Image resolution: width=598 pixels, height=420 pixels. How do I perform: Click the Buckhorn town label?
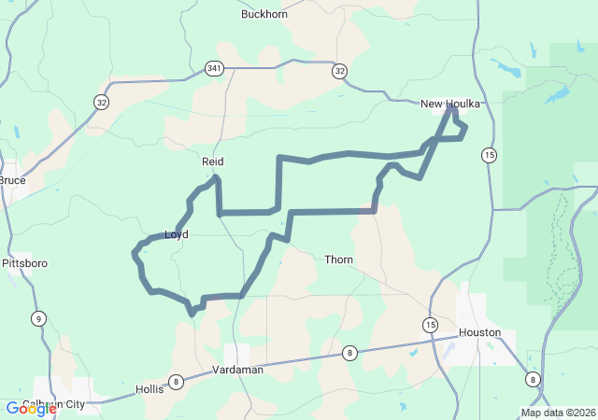click(x=264, y=14)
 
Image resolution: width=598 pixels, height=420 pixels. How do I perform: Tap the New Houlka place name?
click(x=450, y=104)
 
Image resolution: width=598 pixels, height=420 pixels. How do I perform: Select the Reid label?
click(x=213, y=161)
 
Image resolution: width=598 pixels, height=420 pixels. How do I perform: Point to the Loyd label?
click(x=177, y=234)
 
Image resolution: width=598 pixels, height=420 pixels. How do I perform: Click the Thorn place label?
click(x=339, y=259)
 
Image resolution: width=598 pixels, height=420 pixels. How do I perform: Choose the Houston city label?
click(x=480, y=332)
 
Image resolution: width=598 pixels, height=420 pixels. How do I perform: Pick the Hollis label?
click(x=149, y=389)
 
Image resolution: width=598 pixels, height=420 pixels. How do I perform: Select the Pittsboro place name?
click(x=24, y=264)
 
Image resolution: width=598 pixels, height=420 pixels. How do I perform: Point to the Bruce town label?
click(x=12, y=180)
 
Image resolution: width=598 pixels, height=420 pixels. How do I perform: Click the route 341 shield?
click(x=215, y=68)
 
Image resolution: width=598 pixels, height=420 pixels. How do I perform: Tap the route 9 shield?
click(x=38, y=318)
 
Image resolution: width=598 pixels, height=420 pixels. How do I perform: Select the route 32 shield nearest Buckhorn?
click(x=339, y=71)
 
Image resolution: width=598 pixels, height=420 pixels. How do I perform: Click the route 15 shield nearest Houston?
click(x=429, y=325)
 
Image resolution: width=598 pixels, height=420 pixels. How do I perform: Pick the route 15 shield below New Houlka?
click(x=489, y=154)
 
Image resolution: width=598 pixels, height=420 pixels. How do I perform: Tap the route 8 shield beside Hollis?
click(x=176, y=381)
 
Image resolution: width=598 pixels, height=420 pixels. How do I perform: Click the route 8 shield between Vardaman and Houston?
click(x=349, y=352)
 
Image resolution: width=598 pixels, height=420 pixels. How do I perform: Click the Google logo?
click(x=31, y=409)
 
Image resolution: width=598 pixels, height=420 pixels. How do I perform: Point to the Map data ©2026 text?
click(x=557, y=413)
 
